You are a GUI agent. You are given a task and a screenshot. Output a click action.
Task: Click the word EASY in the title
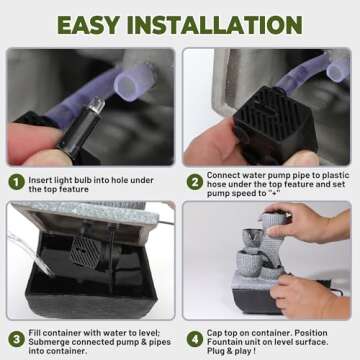tap(88, 24)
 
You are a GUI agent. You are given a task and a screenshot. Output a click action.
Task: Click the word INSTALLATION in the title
tap(215, 24)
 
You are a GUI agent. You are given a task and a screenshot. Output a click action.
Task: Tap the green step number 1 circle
tap(16, 182)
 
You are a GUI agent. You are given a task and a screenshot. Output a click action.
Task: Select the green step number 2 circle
tap(195, 182)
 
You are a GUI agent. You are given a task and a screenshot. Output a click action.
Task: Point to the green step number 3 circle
tap(16, 339)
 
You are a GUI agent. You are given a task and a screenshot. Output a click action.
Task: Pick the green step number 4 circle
tap(195, 339)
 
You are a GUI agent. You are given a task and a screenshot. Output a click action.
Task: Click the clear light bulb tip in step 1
tap(97, 104)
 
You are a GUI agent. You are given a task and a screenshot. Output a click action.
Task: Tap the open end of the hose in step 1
tap(128, 86)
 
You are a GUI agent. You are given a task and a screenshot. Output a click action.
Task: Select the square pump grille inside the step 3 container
tap(85, 253)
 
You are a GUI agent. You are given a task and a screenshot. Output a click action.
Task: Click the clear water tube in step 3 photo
tap(31, 254)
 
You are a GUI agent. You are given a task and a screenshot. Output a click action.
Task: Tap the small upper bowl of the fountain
tap(252, 238)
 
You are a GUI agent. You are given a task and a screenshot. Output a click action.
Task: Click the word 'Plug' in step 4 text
tap(216, 351)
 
